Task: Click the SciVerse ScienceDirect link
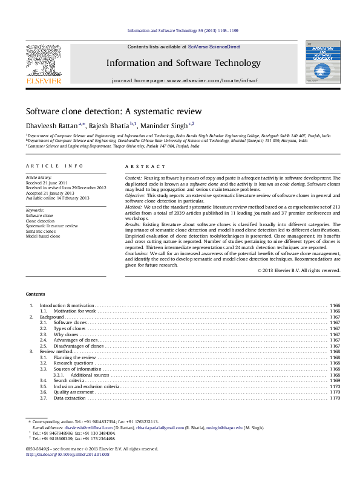[214, 47]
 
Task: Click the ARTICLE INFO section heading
[46, 166]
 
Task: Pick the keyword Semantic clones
[42, 231]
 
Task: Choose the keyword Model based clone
[43, 236]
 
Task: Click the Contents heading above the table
[35, 294]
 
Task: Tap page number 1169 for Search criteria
[335, 380]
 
